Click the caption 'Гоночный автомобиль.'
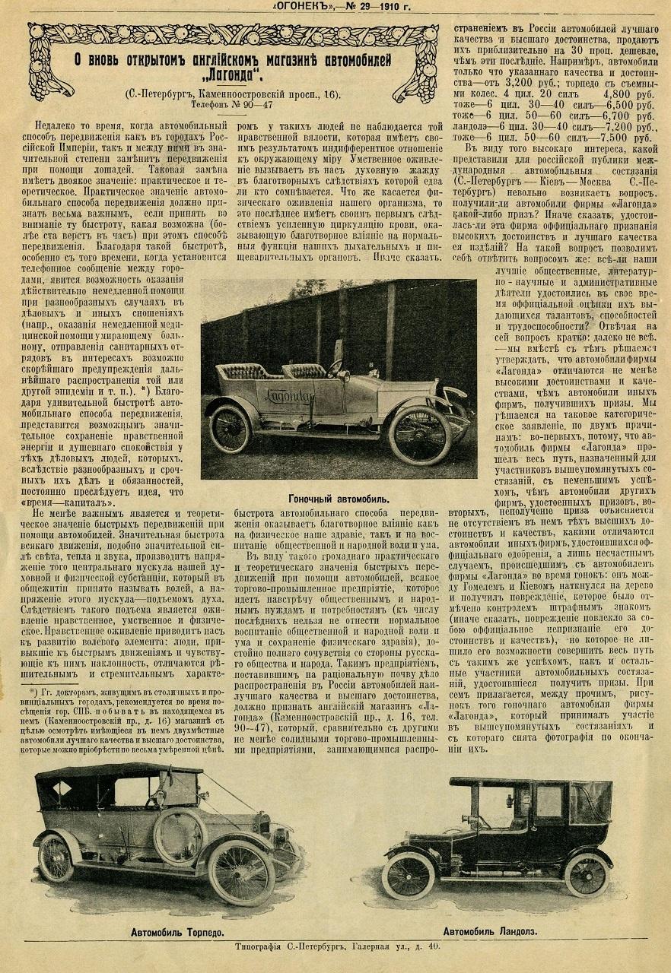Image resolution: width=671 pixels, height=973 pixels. pyautogui.click(x=339, y=499)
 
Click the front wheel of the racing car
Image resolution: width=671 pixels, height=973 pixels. pyautogui.click(x=419, y=434)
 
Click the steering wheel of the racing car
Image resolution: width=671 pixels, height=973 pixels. pyautogui.click(x=335, y=367)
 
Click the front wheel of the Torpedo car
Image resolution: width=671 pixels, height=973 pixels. pyautogui.click(x=241, y=873)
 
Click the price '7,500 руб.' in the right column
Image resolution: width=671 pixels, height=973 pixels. pyautogui.click(x=624, y=138)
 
